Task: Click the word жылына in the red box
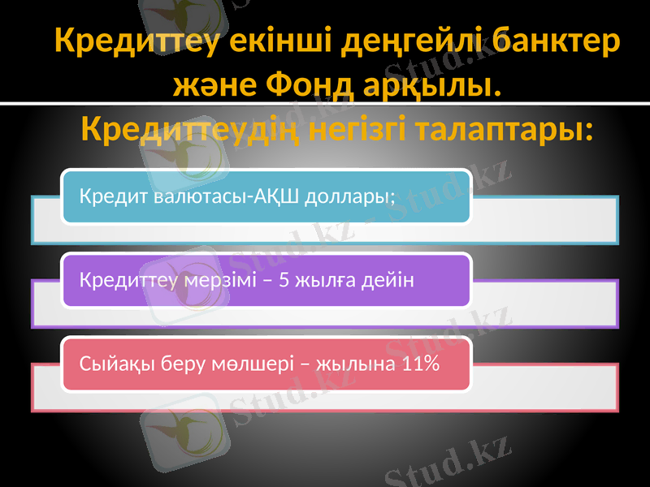click(x=352, y=364)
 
